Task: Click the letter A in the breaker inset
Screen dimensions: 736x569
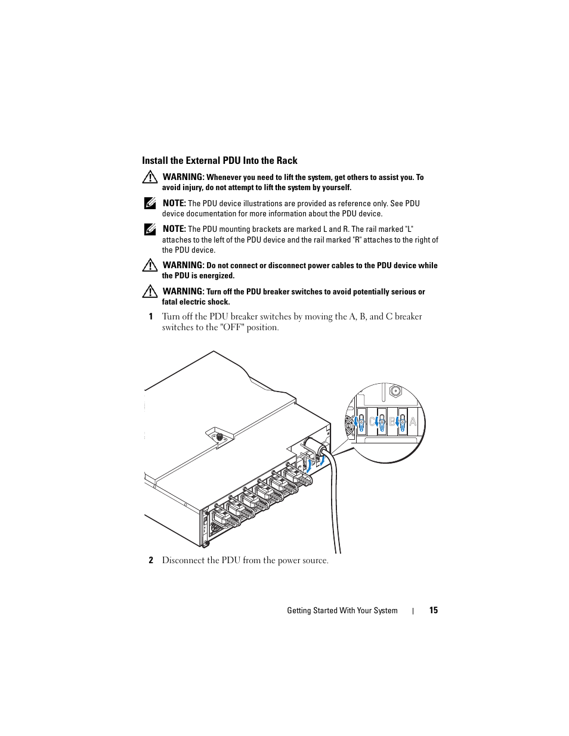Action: pyautogui.click(x=413, y=422)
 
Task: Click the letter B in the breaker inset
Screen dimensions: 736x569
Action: pyautogui.click(x=392, y=422)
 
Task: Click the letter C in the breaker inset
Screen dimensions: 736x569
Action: pyautogui.click(x=372, y=422)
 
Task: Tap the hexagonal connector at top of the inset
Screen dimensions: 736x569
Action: pyautogui.click(x=394, y=392)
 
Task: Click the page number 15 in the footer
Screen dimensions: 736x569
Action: pyautogui.click(x=434, y=610)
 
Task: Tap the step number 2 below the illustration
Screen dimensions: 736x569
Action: pyautogui.click(x=151, y=560)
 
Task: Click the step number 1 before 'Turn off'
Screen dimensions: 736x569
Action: pyautogui.click(x=151, y=316)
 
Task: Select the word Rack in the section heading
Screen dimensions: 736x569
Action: pyautogui.click(x=286, y=160)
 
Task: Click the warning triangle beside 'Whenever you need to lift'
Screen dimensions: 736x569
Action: pyautogui.click(x=150, y=178)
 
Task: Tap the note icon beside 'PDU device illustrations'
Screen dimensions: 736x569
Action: pyautogui.click(x=150, y=203)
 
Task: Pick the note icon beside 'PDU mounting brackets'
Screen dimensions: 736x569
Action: pyautogui.click(x=150, y=229)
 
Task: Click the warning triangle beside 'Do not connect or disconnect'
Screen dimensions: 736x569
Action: pyautogui.click(x=150, y=265)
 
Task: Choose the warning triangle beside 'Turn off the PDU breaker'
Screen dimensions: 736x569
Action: pyautogui.click(x=150, y=291)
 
